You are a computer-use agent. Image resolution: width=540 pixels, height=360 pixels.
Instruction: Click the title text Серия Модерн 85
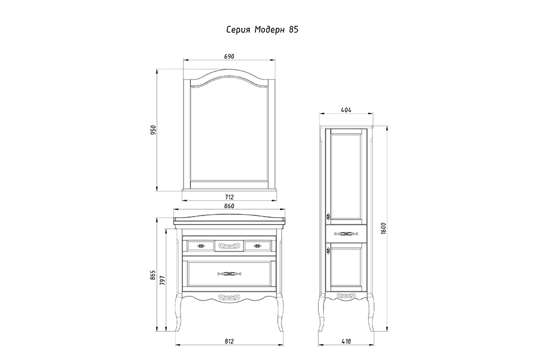point(262,30)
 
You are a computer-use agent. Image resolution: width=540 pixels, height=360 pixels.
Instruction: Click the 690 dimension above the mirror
point(229,56)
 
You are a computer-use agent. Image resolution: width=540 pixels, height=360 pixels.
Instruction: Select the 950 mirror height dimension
point(154,130)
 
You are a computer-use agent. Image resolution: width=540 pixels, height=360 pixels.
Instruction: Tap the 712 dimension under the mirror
point(229,197)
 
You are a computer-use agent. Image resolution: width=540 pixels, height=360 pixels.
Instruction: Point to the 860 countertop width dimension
point(229,206)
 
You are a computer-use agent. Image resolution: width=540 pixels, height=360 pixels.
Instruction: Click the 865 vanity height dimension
point(154,275)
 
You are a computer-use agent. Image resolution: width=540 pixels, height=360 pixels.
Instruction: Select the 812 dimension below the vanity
point(229,341)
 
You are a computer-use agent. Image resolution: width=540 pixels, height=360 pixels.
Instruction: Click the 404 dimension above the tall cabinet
point(346,110)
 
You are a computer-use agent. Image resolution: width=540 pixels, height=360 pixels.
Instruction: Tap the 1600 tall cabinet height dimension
point(384,228)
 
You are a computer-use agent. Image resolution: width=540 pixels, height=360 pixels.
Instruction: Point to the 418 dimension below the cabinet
point(346,341)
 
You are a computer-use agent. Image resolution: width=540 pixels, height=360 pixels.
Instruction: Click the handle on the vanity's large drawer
point(229,274)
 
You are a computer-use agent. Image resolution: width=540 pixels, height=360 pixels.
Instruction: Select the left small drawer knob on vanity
point(201,246)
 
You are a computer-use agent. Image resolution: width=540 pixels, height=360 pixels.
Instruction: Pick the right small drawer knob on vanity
point(257,246)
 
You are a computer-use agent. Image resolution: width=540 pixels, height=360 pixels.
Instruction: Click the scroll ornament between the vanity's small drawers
point(229,246)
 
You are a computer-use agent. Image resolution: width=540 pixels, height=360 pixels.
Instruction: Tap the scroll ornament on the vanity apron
point(229,296)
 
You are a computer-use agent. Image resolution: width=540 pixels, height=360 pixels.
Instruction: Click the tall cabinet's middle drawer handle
point(346,234)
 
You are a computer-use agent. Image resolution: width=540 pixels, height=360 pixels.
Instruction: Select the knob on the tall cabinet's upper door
point(328,217)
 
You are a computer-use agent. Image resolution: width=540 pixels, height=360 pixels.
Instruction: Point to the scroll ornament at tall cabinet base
point(346,295)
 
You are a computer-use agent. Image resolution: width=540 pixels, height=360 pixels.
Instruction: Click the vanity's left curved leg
point(179,312)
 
